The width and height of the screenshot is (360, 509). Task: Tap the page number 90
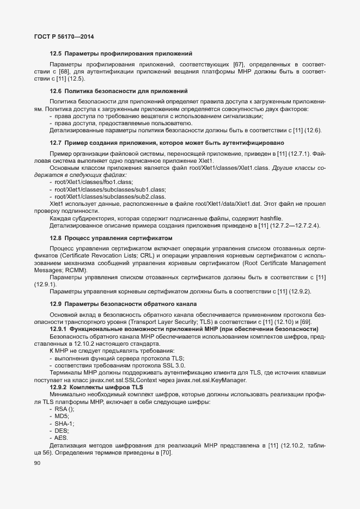tap(37, 463)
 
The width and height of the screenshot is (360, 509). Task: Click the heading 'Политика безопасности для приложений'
tap(126, 91)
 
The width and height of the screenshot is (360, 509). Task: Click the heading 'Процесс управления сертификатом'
tap(118, 238)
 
